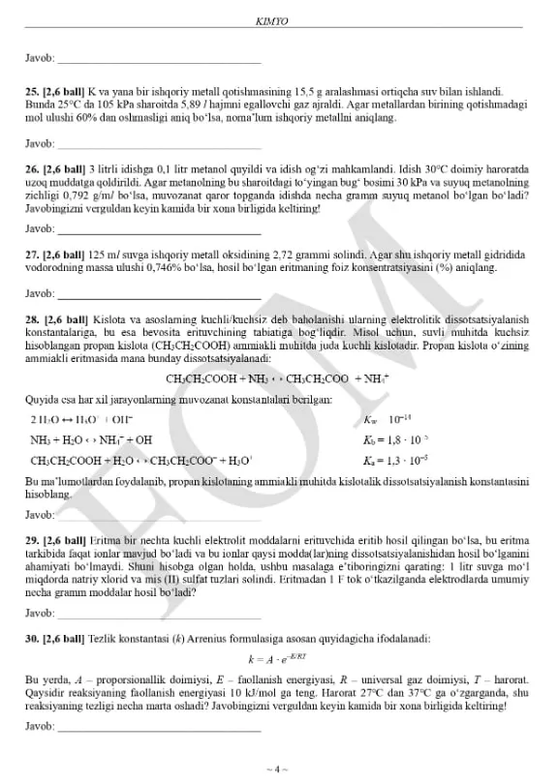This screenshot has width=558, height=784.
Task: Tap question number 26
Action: point(30,167)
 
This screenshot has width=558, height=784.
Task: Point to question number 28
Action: point(30,318)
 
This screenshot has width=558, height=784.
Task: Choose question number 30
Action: point(30,639)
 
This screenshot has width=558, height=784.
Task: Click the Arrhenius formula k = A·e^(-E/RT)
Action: point(278,659)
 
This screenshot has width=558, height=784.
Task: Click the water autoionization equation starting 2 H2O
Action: point(82,419)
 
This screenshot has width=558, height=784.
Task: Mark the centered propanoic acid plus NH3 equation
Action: point(278,378)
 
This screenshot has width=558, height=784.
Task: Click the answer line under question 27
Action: point(159,294)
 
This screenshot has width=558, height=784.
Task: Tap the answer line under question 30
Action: point(159,726)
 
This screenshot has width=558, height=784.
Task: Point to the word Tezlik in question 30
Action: point(104,639)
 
